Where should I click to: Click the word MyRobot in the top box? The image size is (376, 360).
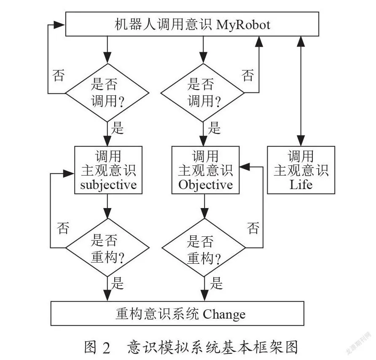(243, 25)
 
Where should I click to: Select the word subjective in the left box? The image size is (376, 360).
(108, 185)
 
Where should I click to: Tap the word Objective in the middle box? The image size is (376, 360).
(206, 185)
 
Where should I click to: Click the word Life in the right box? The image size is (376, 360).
(301, 185)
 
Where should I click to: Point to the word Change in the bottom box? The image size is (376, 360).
(224, 314)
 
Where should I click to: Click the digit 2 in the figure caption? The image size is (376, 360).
(107, 348)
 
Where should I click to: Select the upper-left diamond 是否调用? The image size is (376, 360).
(107, 93)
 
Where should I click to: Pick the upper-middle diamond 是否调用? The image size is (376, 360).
(203, 93)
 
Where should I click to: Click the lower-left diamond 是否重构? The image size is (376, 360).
(107, 248)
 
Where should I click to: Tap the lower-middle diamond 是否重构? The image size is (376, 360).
(204, 248)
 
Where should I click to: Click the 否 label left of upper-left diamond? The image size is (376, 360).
(59, 76)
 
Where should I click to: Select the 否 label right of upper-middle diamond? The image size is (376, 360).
(248, 76)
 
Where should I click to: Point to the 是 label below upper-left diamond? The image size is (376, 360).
(117, 127)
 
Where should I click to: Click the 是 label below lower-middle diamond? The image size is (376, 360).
(216, 283)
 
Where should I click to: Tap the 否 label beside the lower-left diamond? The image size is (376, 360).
(63, 228)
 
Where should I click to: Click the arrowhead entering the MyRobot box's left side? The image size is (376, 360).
(59, 24)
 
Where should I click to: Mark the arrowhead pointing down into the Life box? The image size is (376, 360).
(301, 141)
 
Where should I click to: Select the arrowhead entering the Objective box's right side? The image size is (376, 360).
(244, 167)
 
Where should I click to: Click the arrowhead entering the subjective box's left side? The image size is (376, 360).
(69, 173)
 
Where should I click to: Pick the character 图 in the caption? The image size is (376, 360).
(90, 347)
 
